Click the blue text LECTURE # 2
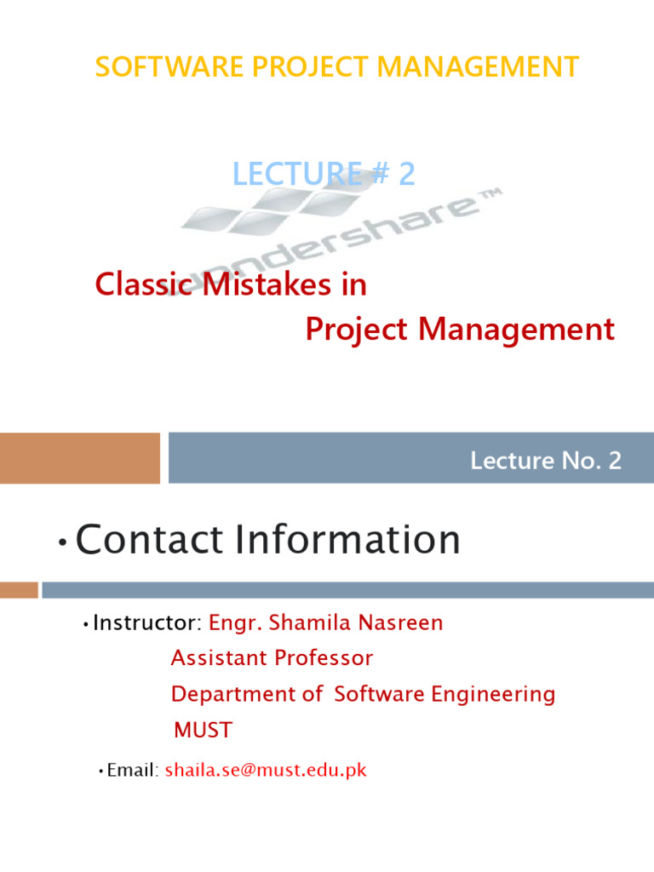[324, 174]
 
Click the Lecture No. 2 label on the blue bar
[546, 462]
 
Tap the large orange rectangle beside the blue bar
[80, 458]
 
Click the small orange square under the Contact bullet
[19, 589]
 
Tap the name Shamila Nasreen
[356, 623]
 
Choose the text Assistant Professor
[272, 658]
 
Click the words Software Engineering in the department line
[445, 694]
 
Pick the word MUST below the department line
[203, 731]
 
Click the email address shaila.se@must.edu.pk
[266, 771]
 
